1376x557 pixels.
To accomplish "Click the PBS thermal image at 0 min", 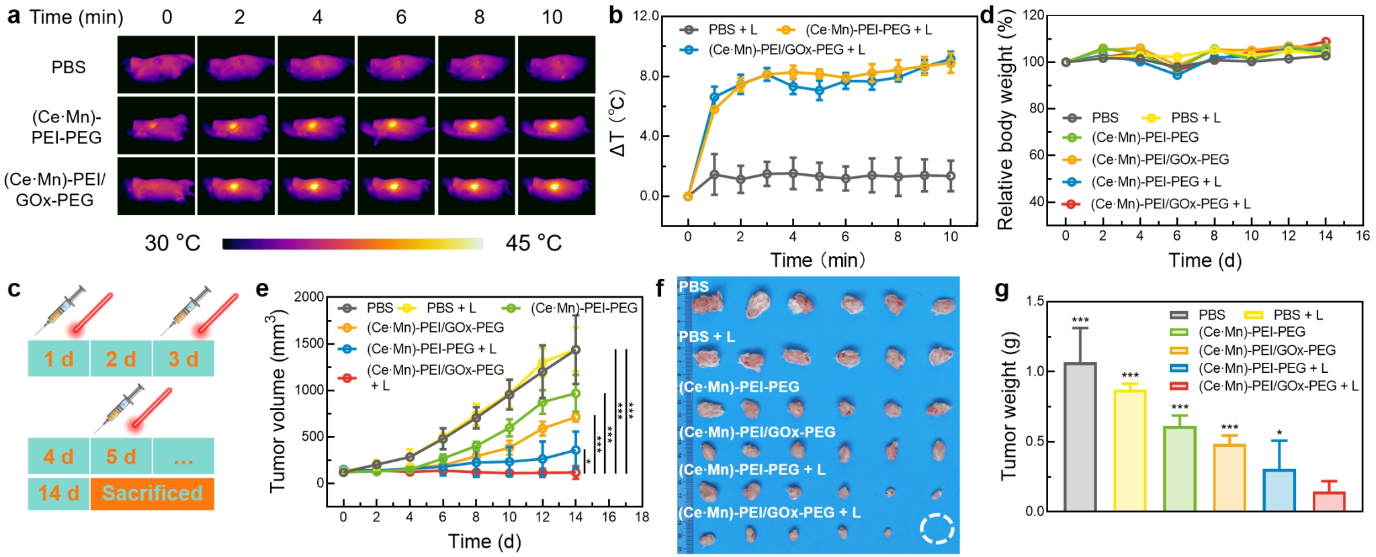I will pos(156,65).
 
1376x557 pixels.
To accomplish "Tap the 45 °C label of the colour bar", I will pos(533,243).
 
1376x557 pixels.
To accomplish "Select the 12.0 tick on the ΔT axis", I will pos(646,16).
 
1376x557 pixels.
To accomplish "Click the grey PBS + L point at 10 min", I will pos(951,176).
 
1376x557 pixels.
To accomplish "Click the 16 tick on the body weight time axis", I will pos(1363,236).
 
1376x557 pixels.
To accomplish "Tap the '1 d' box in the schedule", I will pos(58,359).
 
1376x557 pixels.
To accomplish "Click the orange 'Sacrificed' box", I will pos(152,494).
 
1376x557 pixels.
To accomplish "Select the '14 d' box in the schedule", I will pos(58,494).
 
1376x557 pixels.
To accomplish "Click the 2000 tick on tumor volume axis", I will pos(309,297).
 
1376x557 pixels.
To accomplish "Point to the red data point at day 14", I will pos(575,473).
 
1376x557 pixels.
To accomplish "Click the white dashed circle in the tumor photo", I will pos(937,528).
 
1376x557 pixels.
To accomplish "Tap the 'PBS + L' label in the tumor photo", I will pos(707,336).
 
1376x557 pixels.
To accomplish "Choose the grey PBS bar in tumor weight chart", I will pos(1080,437).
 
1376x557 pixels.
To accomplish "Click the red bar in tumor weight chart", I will pos(1328,501).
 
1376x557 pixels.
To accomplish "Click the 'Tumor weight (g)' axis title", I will pos(1009,406).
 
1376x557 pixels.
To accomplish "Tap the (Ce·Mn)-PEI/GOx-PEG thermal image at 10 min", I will pos(556,186).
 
